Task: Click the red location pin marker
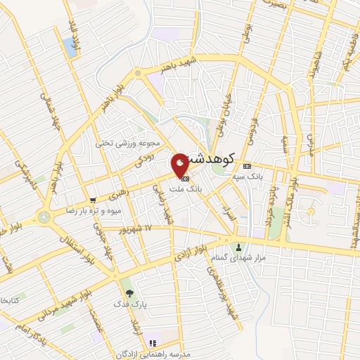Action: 180,164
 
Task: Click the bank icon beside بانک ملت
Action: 174,178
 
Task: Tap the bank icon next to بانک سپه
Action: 246,166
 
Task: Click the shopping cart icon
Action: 93,200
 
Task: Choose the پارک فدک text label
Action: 127,305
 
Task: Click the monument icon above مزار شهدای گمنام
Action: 238,247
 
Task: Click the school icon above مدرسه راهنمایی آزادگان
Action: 151,342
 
